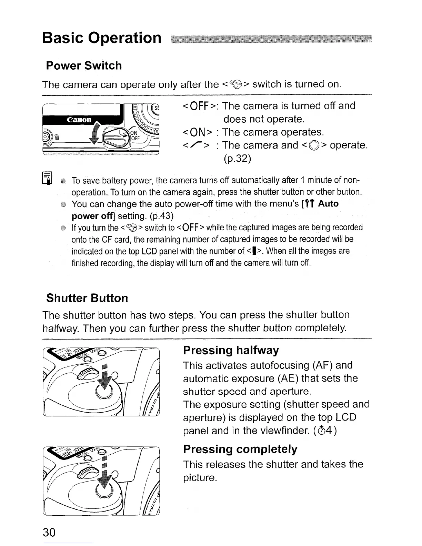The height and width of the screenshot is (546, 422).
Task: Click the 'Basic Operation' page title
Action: point(102,38)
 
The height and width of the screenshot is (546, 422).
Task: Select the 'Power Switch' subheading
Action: point(84,65)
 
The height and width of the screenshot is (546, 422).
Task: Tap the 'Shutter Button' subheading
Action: point(87,298)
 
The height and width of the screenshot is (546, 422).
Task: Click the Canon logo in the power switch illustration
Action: point(79,120)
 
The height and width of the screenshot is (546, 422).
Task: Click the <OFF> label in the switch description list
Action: point(199,106)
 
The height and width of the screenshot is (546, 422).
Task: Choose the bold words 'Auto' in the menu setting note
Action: point(328,204)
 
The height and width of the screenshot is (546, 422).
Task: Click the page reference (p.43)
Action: point(162,216)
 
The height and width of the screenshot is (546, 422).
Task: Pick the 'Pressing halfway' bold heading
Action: point(231,350)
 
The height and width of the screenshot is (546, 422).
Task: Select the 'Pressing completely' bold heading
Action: point(240,449)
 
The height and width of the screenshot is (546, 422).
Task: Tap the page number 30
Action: point(49,533)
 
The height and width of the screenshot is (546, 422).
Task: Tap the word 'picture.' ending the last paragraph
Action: point(200,478)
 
